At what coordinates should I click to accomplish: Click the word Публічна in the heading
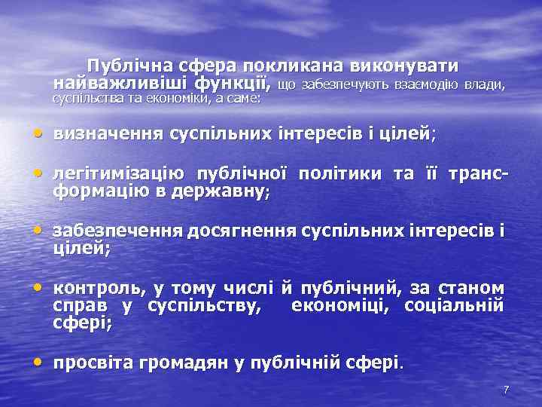pos(123,65)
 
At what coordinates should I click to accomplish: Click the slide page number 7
pos(506,390)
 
